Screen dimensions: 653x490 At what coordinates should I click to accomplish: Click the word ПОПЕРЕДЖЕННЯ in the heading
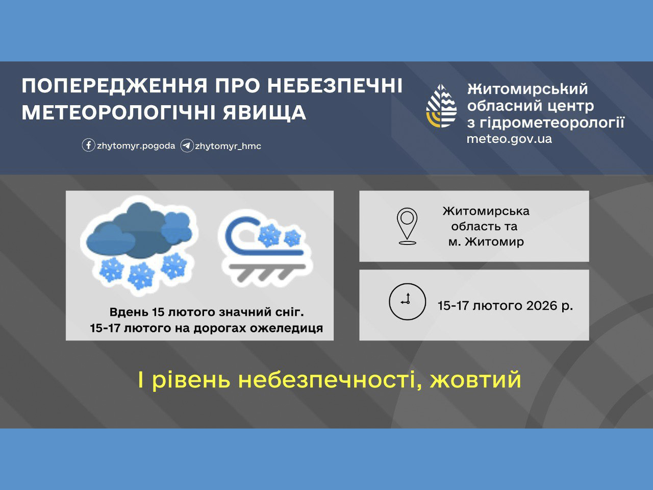pyautogui.click(x=115, y=86)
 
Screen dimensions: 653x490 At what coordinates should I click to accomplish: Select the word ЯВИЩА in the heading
pyautogui.click(x=264, y=113)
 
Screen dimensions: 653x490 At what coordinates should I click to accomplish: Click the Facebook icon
pyautogui.click(x=88, y=145)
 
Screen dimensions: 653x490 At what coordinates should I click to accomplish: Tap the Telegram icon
pyautogui.click(x=187, y=146)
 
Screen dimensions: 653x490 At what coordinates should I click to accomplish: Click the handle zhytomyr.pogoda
pyautogui.click(x=136, y=146)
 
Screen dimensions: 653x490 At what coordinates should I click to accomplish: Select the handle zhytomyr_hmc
pyautogui.click(x=228, y=146)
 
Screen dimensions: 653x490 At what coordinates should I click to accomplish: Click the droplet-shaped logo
pyautogui.click(x=441, y=106)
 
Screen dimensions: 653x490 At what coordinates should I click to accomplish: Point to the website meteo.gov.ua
pyautogui.click(x=509, y=139)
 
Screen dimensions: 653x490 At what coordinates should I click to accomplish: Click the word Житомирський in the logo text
pyautogui.click(x=528, y=89)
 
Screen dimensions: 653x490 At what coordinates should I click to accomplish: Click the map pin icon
pyautogui.click(x=407, y=226)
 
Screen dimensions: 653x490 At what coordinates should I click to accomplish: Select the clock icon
pyautogui.click(x=407, y=302)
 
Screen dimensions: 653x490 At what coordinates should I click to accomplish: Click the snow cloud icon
pyautogui.click(x=139, y=246)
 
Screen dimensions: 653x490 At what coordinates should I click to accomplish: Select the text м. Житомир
pyautogui.click(x=486, y=241)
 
